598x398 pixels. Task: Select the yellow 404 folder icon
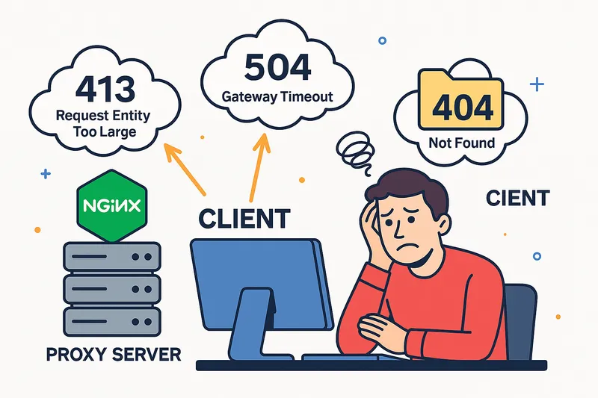pyautogui.click(x=457, y=105)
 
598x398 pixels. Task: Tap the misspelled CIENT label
pyautogui.click(x=518, y=199)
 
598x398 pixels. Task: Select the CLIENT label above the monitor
pyautogui.click(x=244, y=219)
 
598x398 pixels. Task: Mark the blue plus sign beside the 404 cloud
pyautogui.click(x=536, y=84)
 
